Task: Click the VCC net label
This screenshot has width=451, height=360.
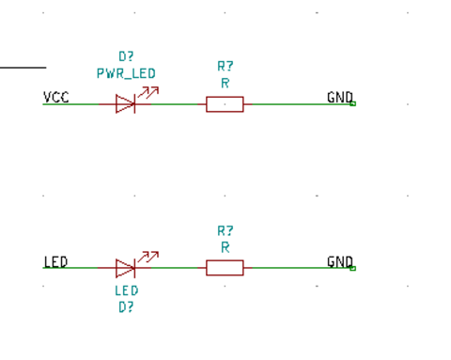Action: [x=55, y=98]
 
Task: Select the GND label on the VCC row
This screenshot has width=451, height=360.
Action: [x=339, y=98]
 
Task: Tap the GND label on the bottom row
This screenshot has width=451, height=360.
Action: [x=339, y=262]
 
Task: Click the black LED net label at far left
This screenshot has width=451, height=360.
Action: [x=55, y=262]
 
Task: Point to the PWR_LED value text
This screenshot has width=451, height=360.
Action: [x=126, y=73]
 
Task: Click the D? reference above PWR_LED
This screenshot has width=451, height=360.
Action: [x=126, y=57]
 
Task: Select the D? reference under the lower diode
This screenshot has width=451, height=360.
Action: [x=126, y=306]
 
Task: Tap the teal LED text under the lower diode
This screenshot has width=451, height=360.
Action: [x=126, y=291]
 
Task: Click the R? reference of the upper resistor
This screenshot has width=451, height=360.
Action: [x=225, y=67]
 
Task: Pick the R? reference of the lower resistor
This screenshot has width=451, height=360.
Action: [x=225, y=231]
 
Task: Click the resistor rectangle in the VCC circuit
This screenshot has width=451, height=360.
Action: [x=225, y=104]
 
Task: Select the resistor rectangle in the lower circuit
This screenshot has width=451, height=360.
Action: [x=225, y=268]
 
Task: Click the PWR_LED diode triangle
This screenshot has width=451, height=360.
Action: [x=125, y=104]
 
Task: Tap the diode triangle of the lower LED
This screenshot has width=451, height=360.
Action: [x=125, y=268]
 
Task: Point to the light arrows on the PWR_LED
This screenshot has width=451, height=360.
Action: [x=148, y=92]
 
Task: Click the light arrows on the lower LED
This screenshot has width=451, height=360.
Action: [x=148, y=257]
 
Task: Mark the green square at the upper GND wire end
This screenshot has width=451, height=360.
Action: [x=352, y=103]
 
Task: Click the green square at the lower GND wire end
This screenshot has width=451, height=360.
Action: [x=352, y=268]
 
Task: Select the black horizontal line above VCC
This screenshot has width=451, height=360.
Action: [x=23, y=68]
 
